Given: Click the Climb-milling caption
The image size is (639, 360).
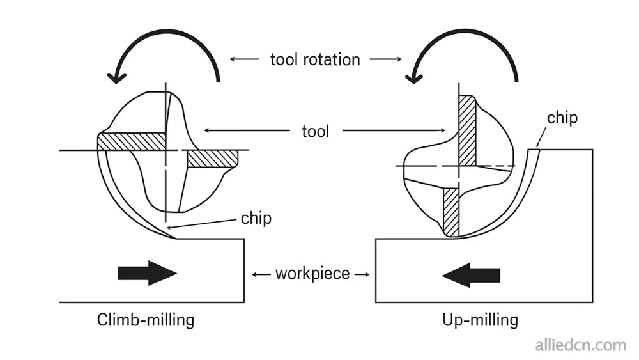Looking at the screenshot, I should pyautogui.click(x=146, y=319).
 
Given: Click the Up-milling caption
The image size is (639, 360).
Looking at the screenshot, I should pyautogui.click(x=480, y=319).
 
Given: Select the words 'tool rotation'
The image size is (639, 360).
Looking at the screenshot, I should pyautogui.click(x=315, y=59).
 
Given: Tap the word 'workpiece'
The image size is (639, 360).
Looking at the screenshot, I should pyautogui.click(x=312, y=274).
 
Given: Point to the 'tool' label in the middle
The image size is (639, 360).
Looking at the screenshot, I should pyautogui.click(x=316, y=132).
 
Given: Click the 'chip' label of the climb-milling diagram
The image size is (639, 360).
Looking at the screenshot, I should pyautogui.click(x=256, y=218).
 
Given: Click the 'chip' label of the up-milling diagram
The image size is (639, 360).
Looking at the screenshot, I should pyautogui.click(x=562, y=118).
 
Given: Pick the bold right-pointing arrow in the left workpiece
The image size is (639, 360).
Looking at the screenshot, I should pyautogui.click(x=147, y=273).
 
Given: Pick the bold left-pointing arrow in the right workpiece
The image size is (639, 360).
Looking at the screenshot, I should pyautogui.click(x=471, y=275).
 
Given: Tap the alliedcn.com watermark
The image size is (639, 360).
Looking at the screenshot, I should pyautogui.click(x=580, y=346).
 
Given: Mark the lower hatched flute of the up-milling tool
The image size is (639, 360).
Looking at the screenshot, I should pyautogui.click(x=451, y=209).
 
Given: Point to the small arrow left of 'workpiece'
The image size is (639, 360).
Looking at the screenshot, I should pyautogui.click(x=261, y=274).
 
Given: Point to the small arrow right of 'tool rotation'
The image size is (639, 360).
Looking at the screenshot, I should pyautogui.click(x=385, y=59).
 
